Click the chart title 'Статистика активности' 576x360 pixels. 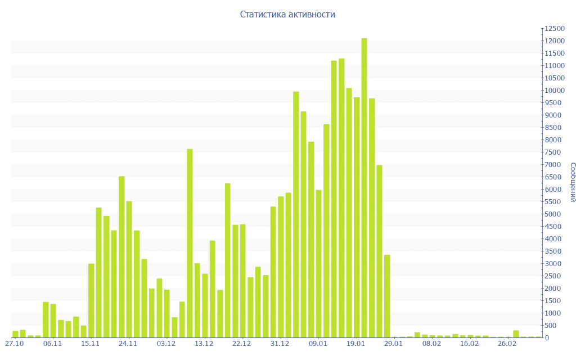(287, 15)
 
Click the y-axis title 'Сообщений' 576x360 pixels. (572, 182)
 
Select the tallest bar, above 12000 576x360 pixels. (364, 188)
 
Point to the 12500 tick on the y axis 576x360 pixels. (553, 29)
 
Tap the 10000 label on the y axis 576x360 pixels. (553, 91)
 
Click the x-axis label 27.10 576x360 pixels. (14, 344)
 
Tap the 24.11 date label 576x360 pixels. (129, 344)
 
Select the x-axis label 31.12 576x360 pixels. (280, 344)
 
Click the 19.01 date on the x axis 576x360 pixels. (356, 344)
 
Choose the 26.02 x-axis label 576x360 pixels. (507, 344)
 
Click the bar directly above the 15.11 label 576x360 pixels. (91, 300)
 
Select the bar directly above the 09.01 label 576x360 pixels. (319, 264)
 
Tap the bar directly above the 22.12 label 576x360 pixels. (243, 281)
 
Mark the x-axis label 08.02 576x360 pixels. (432, 344)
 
